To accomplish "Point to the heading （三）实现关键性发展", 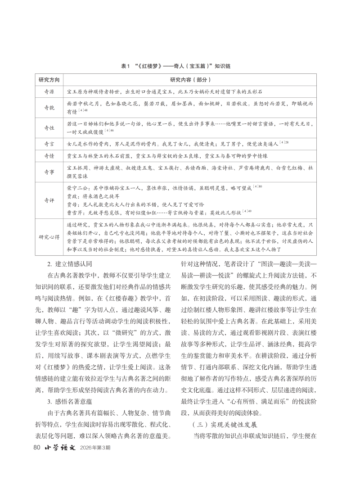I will [x=225, y=437].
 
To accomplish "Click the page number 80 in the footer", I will [x=38, y=460].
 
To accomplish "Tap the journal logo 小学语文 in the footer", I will [x=61, y=460].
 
